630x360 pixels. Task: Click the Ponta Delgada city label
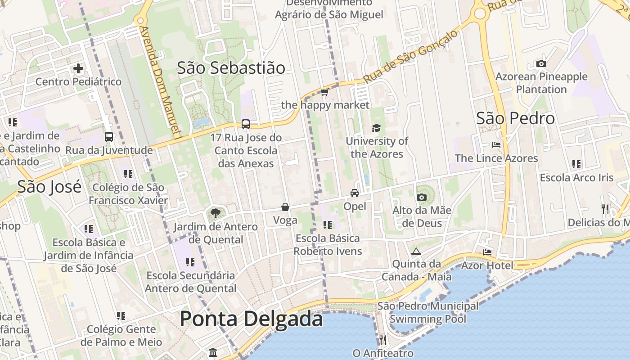251,319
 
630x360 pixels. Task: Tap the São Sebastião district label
231,68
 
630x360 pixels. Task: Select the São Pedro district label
515,118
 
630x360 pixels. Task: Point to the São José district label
49,186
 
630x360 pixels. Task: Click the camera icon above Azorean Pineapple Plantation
541,64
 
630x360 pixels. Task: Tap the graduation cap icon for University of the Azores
376,128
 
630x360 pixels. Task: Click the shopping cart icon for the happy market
324,92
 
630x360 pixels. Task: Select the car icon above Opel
355,193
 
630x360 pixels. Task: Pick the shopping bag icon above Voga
285,207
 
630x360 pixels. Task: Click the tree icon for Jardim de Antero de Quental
216,213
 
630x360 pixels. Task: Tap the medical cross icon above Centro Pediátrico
78,68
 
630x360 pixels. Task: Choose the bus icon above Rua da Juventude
109,137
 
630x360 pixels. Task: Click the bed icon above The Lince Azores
496,145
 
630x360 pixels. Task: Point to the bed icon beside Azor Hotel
487,252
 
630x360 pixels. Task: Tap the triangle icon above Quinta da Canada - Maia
416,251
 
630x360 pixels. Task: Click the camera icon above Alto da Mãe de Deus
422,197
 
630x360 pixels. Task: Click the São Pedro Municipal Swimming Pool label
427,313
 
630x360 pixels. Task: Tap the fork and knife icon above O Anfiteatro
382,340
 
